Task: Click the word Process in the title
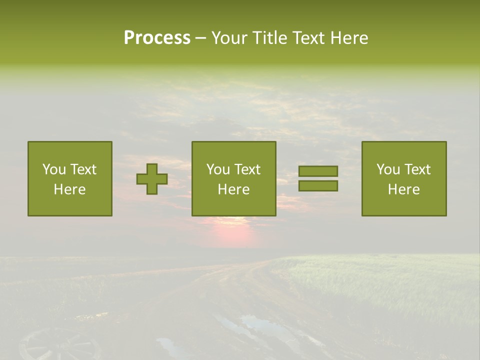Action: point(157,37)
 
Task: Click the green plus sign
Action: point(152,179)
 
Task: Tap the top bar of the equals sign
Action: point(318,171)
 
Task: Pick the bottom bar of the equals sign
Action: point(318,185)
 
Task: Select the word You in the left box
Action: point(54,169)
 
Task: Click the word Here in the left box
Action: point(69,189)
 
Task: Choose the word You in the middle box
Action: point(218,169)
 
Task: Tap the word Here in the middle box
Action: point(233,189)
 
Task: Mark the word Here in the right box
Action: point(403,189)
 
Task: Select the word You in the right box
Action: point(388,169)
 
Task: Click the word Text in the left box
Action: point(83,169)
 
